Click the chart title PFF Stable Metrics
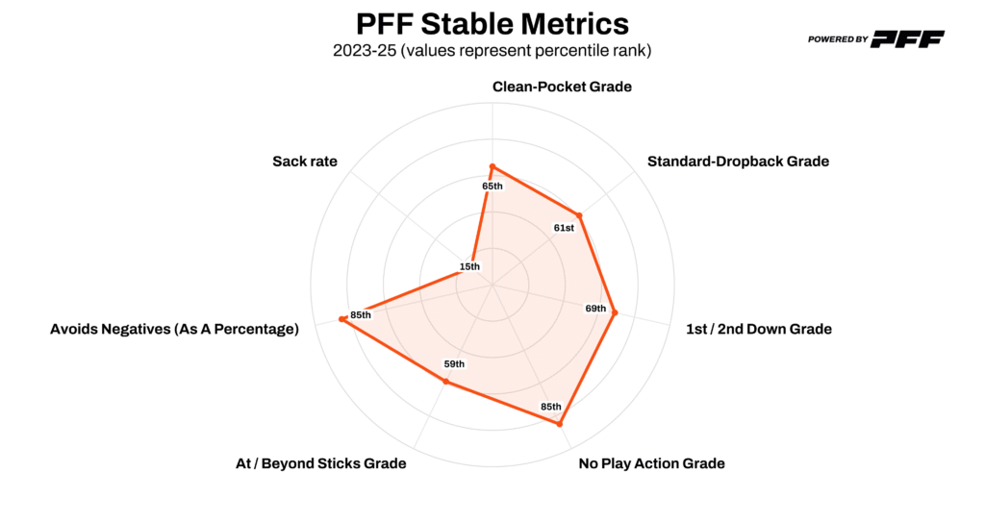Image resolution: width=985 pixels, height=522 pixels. click(492, 22)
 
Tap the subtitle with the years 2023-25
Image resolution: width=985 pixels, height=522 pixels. click(492, 51)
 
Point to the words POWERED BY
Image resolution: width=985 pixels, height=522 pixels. click(838, 40)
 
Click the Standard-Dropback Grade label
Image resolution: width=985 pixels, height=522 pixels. click(738, 162)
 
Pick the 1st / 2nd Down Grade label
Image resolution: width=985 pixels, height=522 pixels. click(758, 329)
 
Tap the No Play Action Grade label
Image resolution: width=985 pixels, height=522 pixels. click(651, 463)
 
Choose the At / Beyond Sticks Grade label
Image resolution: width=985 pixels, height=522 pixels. click(320, 463)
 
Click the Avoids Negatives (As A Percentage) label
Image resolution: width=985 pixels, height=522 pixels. click(174, 329)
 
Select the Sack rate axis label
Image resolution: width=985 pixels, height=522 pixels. click(305, 162)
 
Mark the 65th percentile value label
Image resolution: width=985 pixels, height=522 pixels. click(492, 186)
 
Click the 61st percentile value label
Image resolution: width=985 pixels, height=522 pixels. click(564, 228)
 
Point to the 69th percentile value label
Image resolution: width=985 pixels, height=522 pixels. click(595, 309)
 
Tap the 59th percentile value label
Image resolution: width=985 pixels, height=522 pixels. click(454, 364)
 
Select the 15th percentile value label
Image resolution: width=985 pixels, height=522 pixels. click(469, 266)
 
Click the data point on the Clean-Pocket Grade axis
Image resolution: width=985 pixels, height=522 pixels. click(492, 166)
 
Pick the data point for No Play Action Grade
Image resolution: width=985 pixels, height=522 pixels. click(560, 423)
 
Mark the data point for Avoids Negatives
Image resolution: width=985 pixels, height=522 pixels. click(342, 320)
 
